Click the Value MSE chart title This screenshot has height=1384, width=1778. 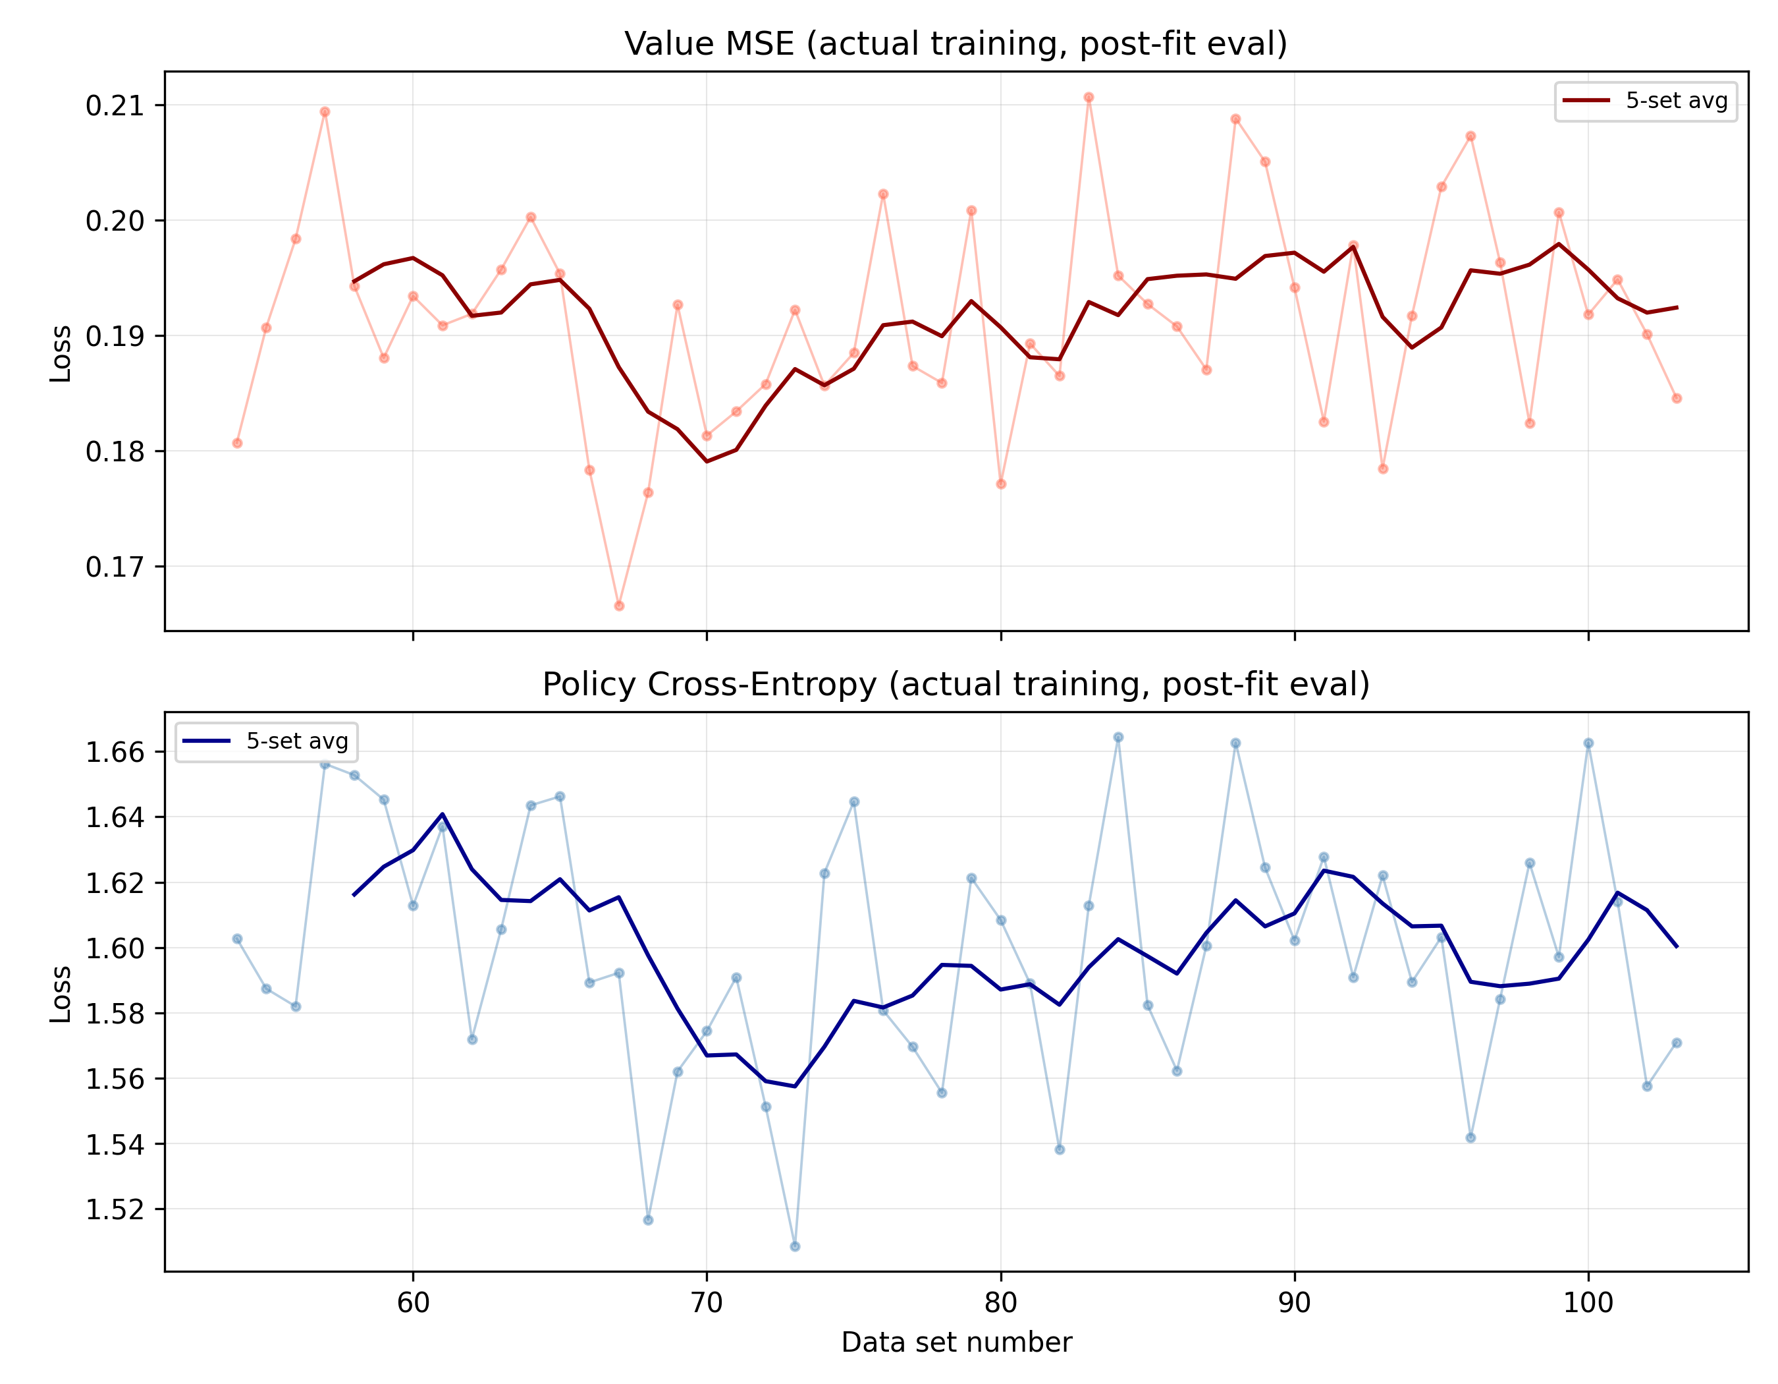coord(956,44)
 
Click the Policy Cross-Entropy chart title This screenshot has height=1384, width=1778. coord(956,684)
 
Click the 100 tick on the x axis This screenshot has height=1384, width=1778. coord(1588,1304)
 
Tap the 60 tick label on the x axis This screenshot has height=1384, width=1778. coord(413,1304)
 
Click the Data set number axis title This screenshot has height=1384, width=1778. coord(956,1342)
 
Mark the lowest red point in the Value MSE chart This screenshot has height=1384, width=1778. coord(619,606)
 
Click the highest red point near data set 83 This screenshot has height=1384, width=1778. coord(1089,98)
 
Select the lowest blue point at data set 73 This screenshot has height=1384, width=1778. coord(795,1246)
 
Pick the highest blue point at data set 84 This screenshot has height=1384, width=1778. coord(1118,737)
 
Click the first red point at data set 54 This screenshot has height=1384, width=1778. coord(237,443)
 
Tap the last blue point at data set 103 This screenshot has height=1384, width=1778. coord(1676,1043)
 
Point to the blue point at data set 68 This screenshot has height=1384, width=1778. coord(648,1221)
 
